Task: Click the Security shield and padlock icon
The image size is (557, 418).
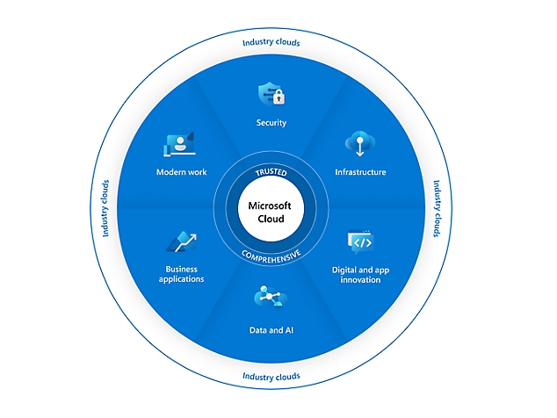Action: pos(271,94)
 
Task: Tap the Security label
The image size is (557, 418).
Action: pos(271,123)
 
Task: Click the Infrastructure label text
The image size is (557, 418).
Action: pos(360,172)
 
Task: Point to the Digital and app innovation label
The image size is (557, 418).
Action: pos(356,274)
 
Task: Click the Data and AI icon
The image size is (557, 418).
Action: pos(269,298)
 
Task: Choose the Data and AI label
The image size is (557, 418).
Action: pos(270,330)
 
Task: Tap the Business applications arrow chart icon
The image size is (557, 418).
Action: pos(182,241)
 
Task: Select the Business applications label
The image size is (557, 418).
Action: pos(182,273)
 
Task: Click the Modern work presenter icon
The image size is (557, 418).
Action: pos(179,143)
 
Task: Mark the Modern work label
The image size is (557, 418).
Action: pos(182,172)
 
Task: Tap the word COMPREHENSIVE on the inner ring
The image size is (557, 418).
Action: pos(271,253)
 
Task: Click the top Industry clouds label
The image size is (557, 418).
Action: pos(271,42)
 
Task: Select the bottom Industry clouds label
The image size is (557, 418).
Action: pos(271,377)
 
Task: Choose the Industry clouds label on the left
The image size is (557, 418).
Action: pos(105,209)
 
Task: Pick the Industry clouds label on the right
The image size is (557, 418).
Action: pos(436,209)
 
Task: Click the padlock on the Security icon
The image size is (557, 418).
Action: pos(278,97)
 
